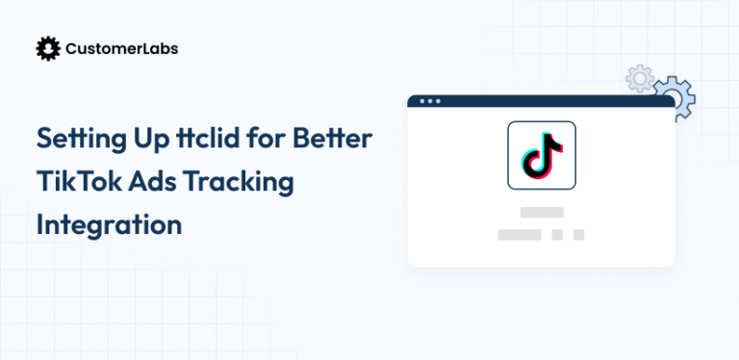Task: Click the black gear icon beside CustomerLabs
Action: click(47, 48)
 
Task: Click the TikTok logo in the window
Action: click(542, 155)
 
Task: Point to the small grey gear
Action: click(638, 78)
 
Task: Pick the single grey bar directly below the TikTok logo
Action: click(541, 212)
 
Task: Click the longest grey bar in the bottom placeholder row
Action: click(519, 234)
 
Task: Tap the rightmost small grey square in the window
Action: click(578, 234)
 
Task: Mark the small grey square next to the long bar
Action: click(557, 234)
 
